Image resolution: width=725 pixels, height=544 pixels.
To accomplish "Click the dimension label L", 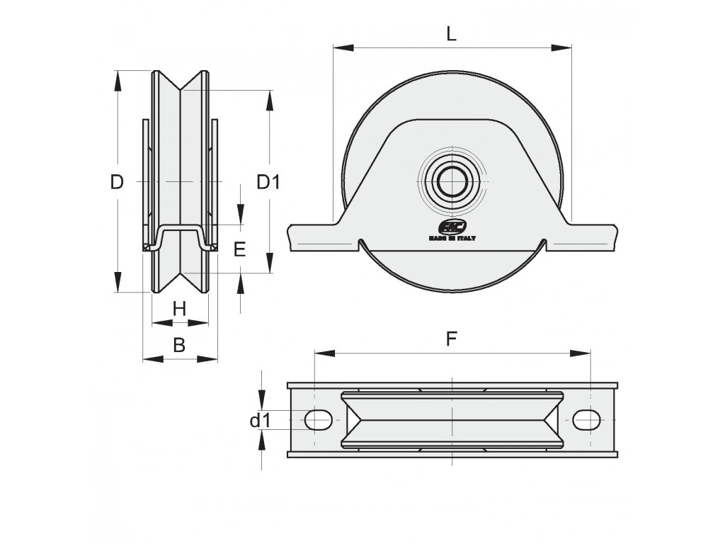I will pyautogui.click(x=451, y=34).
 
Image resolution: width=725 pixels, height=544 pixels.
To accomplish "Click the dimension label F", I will pyautogui.click(x=451, y=339).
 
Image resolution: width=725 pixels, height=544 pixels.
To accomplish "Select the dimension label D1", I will pyautogui.click(x=268, y=182).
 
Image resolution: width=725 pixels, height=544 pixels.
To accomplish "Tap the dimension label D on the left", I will pyautogui.click(x=117, y=182).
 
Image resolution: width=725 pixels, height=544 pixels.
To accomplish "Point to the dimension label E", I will pyautogui.click(x=239, y=249).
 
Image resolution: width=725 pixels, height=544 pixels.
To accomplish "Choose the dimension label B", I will pyautogui.click(x=180, y=345).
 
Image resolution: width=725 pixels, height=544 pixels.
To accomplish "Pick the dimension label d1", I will pyautogui.click(x=261, y=421).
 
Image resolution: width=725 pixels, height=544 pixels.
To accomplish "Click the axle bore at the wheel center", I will pyautogui.click(x=451, y=182).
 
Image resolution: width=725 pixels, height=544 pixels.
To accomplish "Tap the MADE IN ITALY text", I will pyautogui.click(x=451, y=238).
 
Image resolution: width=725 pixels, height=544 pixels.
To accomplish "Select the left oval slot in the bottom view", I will pyautogui.click(x=319, y=420).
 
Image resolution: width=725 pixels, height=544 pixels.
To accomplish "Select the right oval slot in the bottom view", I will pyautogui.click(x=585, y=420).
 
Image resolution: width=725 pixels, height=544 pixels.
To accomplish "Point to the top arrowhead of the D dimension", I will pyautogui.click(x=118, y=78).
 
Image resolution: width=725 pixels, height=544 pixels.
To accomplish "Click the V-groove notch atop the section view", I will pyautogui.click(x=181, y=89).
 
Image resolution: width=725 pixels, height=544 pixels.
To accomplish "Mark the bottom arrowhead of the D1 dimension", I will pyautogui.click(x=269, y=264).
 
